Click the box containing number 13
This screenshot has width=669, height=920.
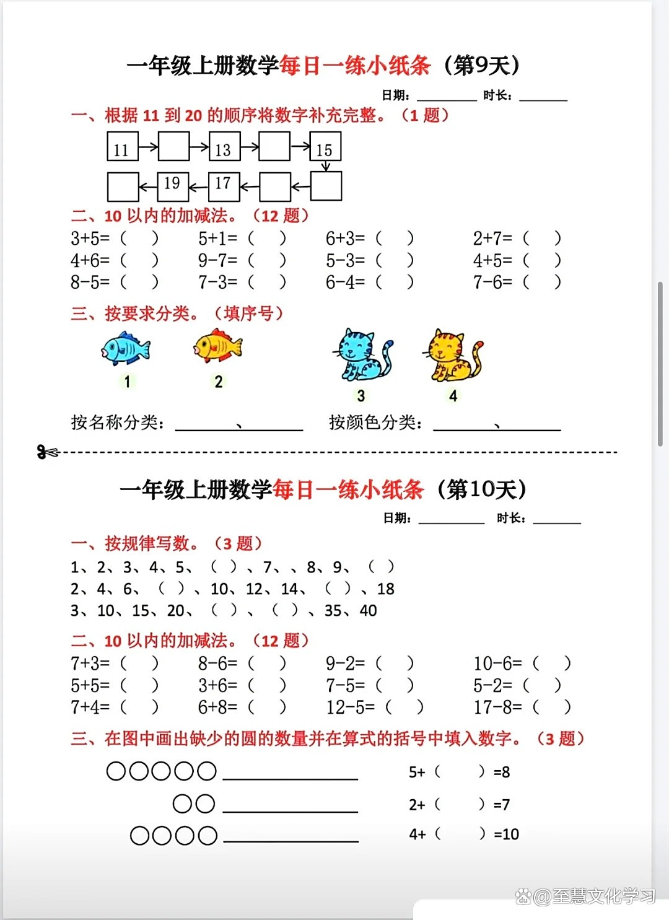(223, 147)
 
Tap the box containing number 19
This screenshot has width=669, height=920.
(173, 186)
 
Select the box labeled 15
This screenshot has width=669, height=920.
(325, 147)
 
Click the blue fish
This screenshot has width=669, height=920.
(126, 348)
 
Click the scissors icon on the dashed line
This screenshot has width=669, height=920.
(47, 452)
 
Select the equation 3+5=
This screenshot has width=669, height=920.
(90, 239)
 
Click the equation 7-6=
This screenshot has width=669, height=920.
(493, 283)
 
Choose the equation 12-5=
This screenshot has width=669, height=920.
(351, 707)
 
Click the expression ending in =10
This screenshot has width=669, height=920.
(463, 835)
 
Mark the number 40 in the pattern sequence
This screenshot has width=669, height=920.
(368, 611)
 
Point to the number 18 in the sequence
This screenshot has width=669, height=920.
(385, 589)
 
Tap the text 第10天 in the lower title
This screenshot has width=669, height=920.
(482, 489)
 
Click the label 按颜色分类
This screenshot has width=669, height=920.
(375, 423)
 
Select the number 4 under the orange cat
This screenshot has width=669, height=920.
(453, 396)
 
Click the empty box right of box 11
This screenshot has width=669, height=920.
(173, 147)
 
